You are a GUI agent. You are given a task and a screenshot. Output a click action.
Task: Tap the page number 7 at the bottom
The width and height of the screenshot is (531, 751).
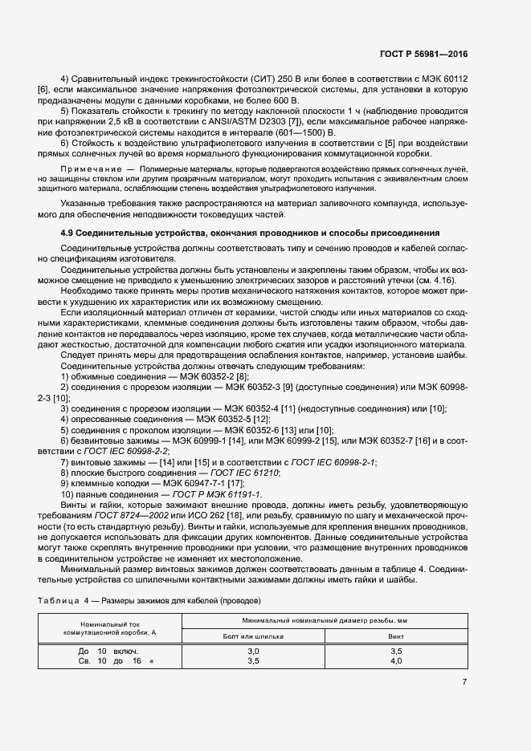coord(464,682)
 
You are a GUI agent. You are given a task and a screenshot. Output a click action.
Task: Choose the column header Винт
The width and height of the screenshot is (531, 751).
coord(395,635)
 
